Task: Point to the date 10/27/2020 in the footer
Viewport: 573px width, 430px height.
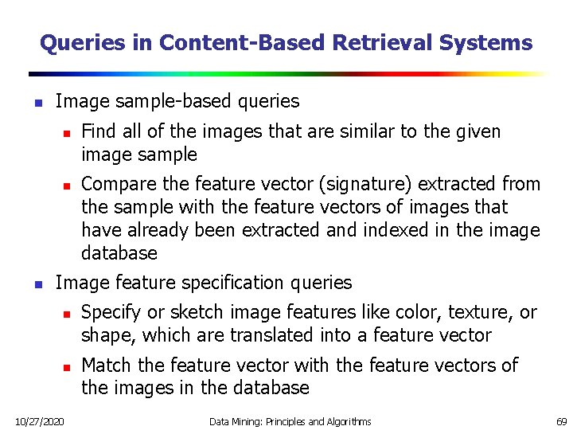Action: coord(39,420)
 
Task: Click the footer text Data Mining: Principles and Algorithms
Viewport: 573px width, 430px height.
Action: coord(290,420)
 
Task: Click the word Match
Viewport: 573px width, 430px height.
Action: coord(107,365)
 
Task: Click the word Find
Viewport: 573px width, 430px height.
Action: coord(98,131)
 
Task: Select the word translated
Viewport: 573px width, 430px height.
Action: coord(269,335)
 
